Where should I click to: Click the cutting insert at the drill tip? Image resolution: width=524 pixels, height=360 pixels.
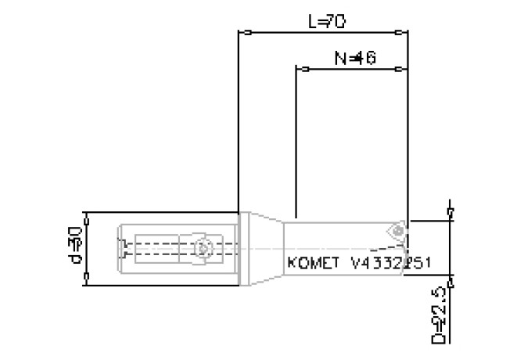click(397, 231)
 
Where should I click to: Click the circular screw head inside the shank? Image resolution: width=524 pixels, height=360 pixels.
click(203, 248)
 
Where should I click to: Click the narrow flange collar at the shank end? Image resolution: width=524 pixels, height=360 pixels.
click(243, 248)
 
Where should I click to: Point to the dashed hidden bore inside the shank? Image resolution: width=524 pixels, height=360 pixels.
click(156, 248)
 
